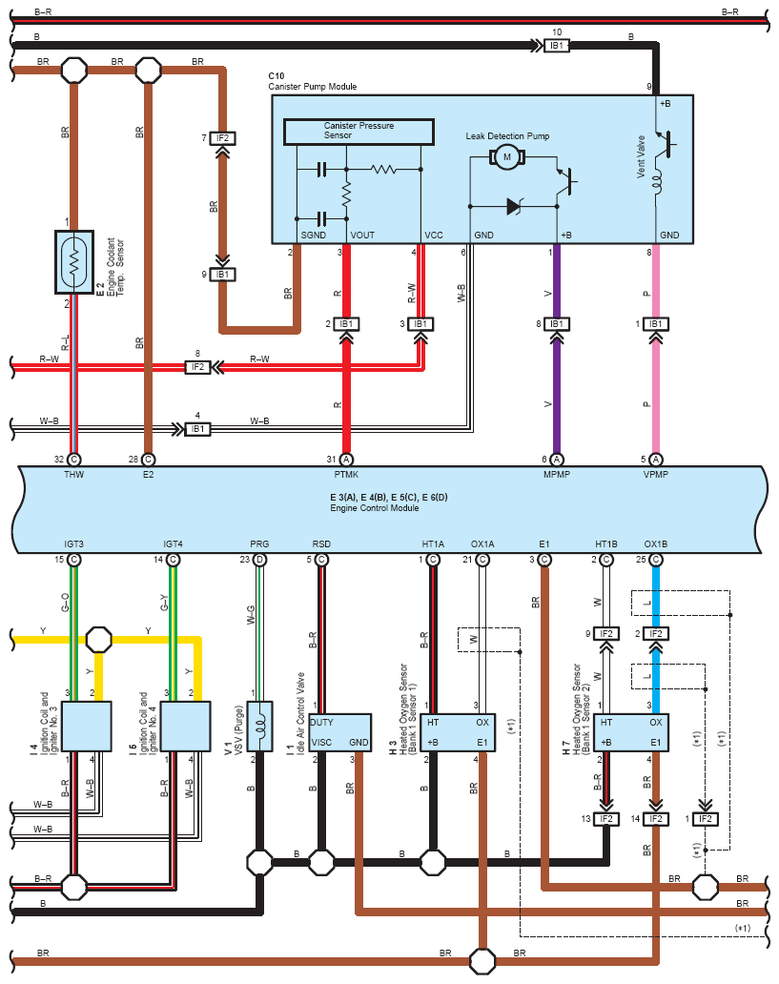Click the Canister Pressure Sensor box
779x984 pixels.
359,132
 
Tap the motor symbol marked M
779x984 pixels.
506,157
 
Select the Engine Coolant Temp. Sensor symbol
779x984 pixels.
74,262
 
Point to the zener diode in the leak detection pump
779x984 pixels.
515,206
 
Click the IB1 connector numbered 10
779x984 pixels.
556,45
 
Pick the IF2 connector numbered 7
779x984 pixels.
221,138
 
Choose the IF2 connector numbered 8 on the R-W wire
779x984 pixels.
197,366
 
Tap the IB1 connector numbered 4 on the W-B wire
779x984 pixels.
197,429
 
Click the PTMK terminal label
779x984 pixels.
346,475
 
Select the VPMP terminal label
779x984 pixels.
655,475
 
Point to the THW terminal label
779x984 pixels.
74,475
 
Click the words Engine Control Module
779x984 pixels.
374,507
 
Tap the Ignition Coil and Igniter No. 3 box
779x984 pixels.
87,726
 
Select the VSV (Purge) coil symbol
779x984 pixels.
259,726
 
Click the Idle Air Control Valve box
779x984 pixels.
340,732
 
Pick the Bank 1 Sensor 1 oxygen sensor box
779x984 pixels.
458,732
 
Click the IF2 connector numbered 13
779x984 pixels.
605,819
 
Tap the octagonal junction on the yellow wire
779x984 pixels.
98,640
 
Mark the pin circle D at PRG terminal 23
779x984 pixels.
259,559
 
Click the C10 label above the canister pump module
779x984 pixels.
277,76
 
